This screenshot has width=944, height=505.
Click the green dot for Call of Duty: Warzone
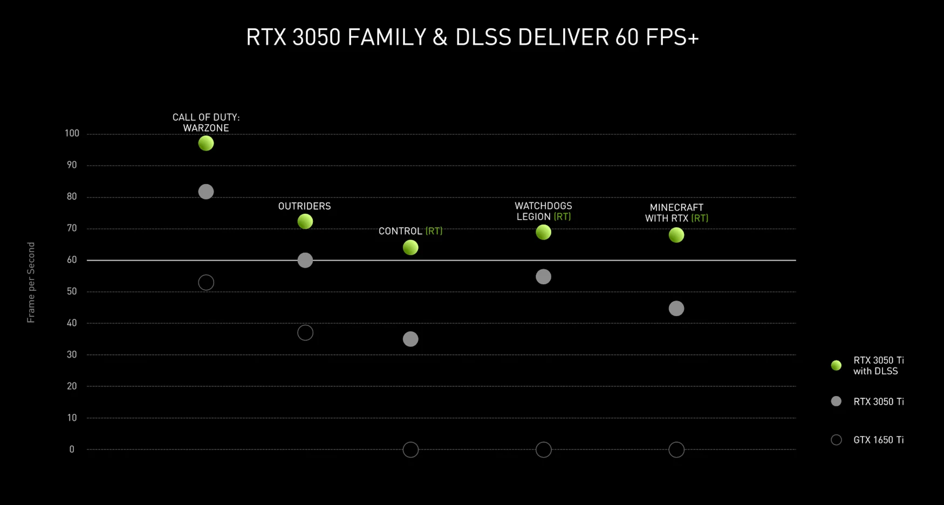(206, 143)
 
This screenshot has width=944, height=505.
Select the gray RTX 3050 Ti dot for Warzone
(206, 192)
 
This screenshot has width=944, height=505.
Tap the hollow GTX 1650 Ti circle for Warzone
(206, 282)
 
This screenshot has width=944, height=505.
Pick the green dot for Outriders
(305, 221)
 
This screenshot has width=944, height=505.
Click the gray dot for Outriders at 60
(305, 260)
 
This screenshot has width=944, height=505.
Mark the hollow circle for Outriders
(305, 332)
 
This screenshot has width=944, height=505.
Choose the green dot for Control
(411, 247)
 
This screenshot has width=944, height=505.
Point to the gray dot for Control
(411, 339)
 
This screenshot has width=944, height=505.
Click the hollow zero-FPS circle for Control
(411, 449)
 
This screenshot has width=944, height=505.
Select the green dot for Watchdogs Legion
(543, 232)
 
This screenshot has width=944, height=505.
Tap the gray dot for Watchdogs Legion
(543, 277)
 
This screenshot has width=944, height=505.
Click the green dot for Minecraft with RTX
(676, 235)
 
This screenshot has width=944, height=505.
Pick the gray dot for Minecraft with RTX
(676, 308)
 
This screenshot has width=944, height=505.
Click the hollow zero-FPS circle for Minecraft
(676, 449)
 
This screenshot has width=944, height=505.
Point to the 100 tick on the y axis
(72, 133)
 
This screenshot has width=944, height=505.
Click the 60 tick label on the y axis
(72, 260)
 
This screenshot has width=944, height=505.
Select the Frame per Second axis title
(31, 282)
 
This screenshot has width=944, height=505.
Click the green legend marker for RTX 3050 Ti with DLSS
(836, 365)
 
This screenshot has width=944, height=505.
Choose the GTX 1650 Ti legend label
(878, 440)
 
